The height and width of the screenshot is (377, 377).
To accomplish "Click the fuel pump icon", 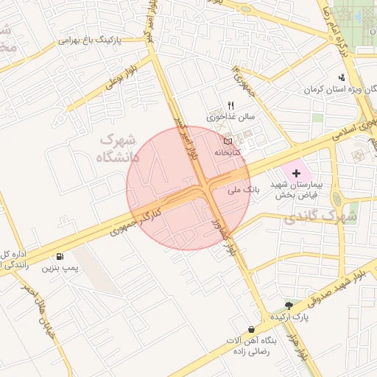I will (x=58, y=257).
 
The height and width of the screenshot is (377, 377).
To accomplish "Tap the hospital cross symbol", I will (x=296, y=174).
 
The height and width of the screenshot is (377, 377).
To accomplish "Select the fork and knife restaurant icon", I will (x=230, y=105).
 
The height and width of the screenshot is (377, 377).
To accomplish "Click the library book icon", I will (x=228, y=141).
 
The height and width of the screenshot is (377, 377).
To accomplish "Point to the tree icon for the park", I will (x=289, y=305).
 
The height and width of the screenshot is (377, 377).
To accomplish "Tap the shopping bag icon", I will (x=253, y=329).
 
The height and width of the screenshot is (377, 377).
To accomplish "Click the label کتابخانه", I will (x=228, y=152).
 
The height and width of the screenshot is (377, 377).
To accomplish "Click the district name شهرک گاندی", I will (x=321, y=217).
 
